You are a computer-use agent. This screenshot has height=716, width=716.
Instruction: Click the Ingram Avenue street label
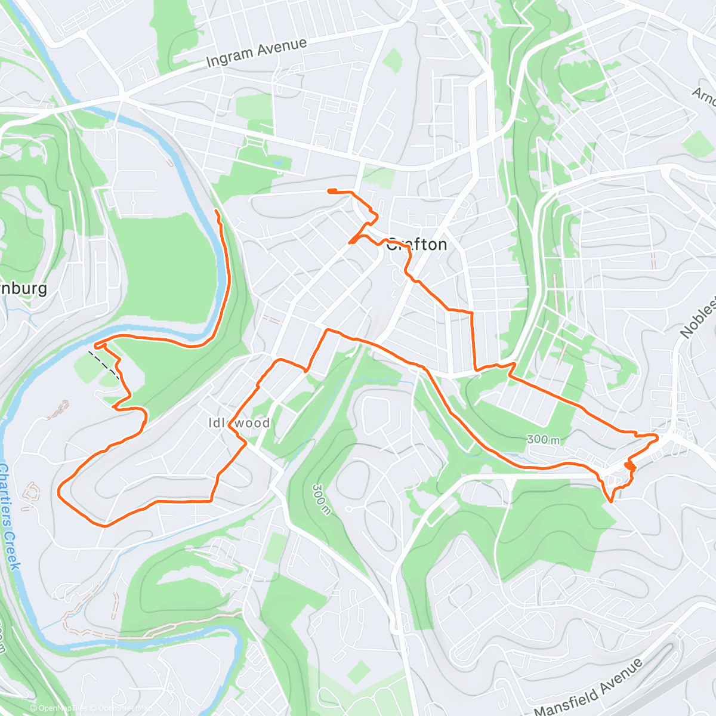pos(257,53)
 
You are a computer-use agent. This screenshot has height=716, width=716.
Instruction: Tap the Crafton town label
pos(417,245)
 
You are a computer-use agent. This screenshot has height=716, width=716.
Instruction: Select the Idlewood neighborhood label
pos(239,423)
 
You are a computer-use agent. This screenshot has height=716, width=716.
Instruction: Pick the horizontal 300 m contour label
pos(544,440)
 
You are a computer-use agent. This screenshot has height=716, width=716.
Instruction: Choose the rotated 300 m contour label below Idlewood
pos(320,498)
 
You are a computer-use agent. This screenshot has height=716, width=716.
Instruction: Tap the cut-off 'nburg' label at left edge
pos(24,289)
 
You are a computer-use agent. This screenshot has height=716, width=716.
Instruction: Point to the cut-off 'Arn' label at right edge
pos(705,95)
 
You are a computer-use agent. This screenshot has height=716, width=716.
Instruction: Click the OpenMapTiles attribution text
pos(58,708)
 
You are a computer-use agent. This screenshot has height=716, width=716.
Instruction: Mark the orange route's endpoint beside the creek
pos(216,211)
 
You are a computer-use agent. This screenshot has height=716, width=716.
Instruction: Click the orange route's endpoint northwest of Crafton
pos(329,190)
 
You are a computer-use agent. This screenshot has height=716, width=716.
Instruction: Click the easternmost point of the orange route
pos(658,439)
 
